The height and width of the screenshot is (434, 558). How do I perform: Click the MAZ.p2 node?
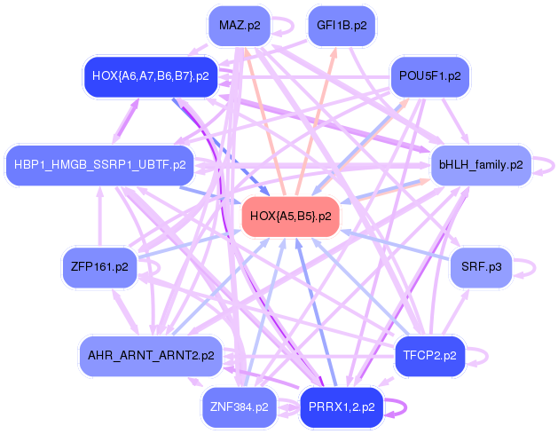(240, 26)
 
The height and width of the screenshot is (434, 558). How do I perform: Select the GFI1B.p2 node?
(342, 26)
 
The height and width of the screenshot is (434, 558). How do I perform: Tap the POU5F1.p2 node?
(430, 76)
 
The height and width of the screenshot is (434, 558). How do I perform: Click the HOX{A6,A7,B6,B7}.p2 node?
(151, 76)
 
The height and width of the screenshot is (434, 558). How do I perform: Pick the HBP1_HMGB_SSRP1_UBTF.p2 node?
(100, 165)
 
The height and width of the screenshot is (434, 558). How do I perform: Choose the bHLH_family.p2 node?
(481, 165)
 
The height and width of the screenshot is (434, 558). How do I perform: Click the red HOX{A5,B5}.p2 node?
(291, 217)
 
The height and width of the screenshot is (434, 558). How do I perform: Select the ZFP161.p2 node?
(99, 267)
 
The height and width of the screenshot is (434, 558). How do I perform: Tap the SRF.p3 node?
(481, 267)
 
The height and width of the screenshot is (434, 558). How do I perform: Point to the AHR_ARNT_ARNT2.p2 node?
(151, 356)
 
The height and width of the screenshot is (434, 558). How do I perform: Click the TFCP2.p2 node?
(430, 356)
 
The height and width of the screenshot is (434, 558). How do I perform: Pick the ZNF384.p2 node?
(240, 407)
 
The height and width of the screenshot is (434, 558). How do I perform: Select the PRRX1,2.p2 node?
(342, 407)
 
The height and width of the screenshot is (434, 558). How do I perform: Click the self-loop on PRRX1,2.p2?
(406, 407)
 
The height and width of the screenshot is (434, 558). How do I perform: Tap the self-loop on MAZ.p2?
(294, 26)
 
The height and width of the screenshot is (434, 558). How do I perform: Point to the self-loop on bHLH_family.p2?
(554, 166)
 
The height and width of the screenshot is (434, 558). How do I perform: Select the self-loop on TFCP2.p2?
(488, 357)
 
